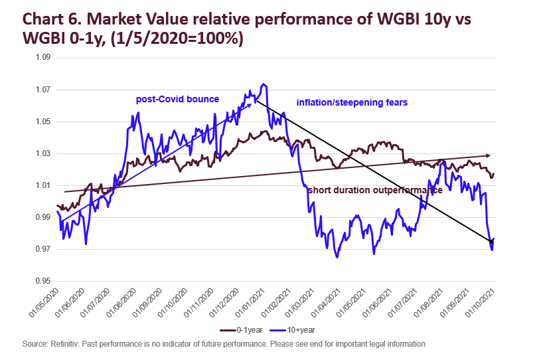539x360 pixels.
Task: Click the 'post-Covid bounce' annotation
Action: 177,99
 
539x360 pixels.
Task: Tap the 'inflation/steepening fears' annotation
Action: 352,103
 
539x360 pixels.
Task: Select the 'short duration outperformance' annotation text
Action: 375,191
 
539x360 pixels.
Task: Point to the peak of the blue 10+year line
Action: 264,84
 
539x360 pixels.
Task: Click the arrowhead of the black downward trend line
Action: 491,242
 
